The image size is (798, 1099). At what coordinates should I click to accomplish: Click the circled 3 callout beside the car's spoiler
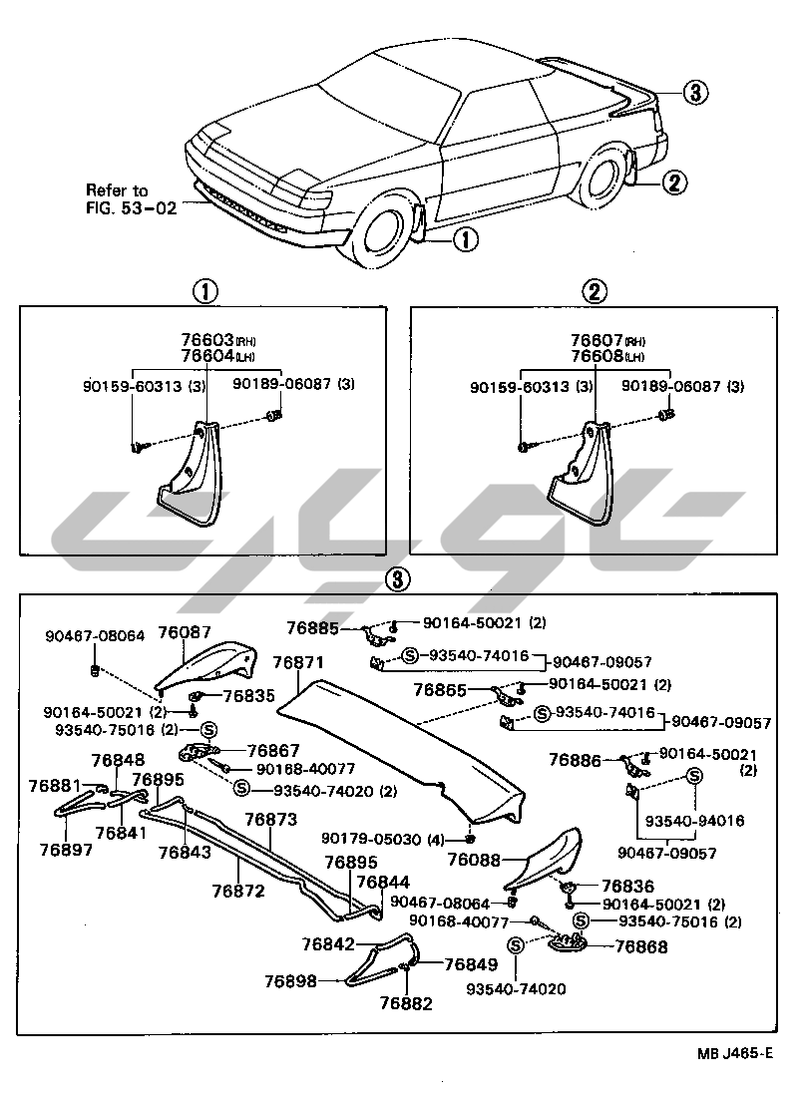(695, 93)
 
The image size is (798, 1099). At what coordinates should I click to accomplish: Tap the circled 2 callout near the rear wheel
(673, 183)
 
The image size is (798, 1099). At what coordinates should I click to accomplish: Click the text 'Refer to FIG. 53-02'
(119, 199)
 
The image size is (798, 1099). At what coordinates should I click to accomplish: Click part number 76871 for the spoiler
(298, 663)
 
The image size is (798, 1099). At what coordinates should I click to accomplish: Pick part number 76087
(185, 632)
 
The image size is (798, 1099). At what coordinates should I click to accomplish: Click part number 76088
(475, 859)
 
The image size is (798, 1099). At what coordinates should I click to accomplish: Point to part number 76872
(238, 891)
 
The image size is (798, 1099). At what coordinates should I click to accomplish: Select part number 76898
(290, 981)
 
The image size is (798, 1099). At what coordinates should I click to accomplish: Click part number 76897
(67, 850)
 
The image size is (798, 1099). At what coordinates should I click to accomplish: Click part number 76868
(641, 946)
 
